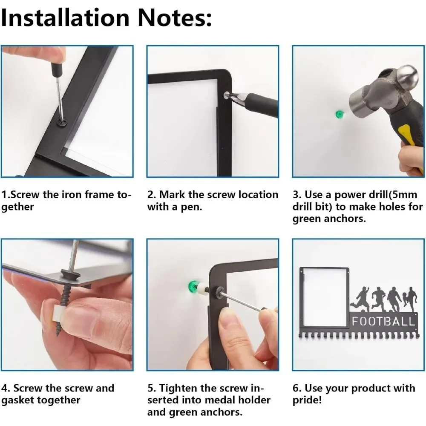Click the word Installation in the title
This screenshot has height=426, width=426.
coord(65,17)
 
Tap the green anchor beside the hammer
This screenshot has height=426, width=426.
coord(340,114)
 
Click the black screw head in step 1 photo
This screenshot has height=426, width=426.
coord(60,120)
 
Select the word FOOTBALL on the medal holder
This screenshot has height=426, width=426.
coord(384,321)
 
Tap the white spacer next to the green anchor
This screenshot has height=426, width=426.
coord(201,289)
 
